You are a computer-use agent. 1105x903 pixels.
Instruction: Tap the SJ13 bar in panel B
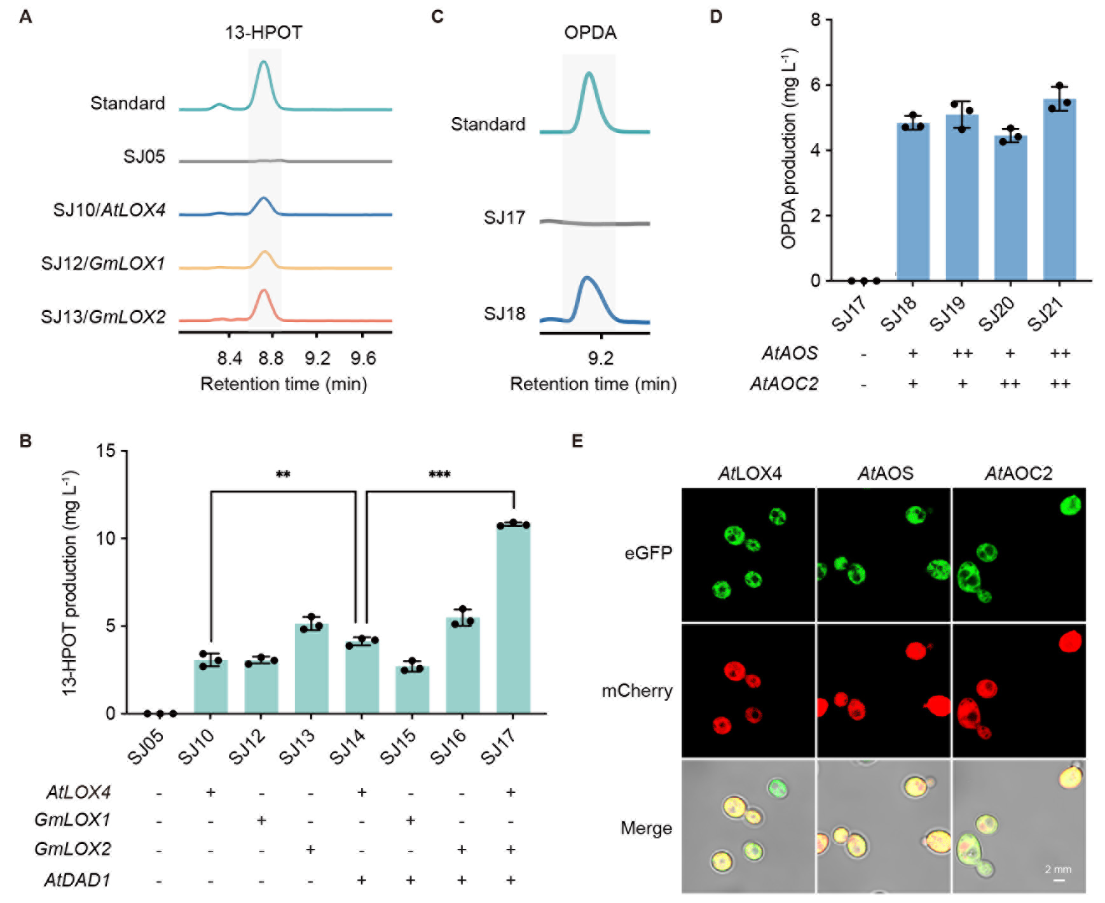(x=312, y=668)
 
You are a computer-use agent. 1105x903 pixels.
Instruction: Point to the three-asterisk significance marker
(x=439, y=475)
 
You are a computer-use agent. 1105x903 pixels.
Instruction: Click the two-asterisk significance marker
(x=283, y=475)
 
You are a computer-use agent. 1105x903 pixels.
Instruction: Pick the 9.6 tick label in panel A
(x=363, y=358)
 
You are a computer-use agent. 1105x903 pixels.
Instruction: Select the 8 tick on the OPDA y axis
(x=816, y=20)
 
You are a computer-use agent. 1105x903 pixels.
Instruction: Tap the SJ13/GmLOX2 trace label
(x=103, y=316)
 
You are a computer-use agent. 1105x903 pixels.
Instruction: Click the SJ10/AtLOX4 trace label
(x=109, y=209)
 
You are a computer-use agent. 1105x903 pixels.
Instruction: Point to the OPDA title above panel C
(x=590, y=32)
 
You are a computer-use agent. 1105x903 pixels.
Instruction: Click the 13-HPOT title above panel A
(x=263, y=32)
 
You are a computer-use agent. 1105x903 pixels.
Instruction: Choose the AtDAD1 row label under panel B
(x=78, y=879)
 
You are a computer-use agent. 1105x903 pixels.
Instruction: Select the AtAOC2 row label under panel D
(x=784, y=384)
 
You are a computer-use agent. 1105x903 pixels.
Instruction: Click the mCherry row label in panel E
(x=637, y=690)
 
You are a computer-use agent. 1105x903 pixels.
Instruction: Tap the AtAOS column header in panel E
(x=885, y=473)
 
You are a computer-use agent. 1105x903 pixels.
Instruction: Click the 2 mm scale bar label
(x=1058, y=869)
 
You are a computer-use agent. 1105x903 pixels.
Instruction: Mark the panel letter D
(x=716, y=17)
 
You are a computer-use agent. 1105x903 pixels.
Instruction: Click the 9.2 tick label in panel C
(x=600, y=358)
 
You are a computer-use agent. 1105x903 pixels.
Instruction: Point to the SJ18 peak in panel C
(x=587, y=279)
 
